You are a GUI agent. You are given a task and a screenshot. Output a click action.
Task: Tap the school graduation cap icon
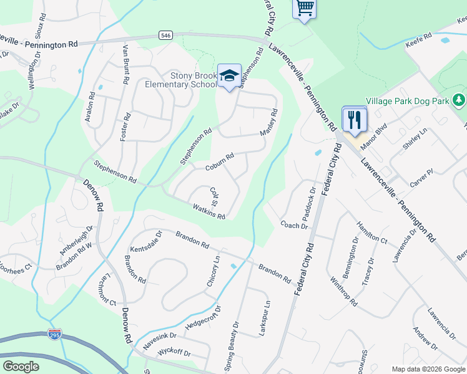229,76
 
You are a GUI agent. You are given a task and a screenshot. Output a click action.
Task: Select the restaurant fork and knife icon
354,120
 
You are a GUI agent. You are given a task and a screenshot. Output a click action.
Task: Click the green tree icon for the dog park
459,100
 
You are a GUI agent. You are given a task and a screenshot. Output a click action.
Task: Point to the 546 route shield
165,36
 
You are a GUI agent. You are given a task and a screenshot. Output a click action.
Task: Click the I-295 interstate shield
55,335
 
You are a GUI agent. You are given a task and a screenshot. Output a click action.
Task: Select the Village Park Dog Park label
408,100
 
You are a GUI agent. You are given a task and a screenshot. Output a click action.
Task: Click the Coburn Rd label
219,163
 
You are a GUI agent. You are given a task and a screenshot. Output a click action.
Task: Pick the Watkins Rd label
209,211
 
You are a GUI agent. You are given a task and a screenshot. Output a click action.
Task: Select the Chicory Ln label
213,271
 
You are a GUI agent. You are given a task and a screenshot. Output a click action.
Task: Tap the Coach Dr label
294,225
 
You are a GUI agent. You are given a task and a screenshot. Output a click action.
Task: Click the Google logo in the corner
21,366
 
